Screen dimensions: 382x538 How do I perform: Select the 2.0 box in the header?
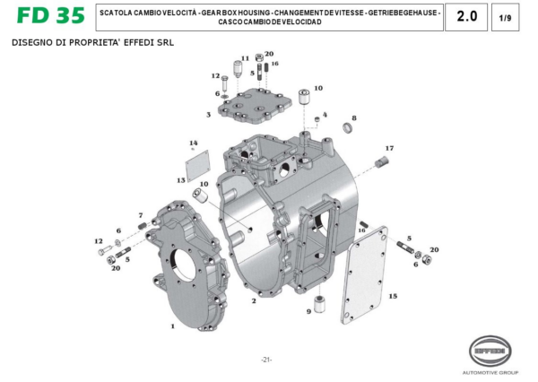click(x=466, y=17)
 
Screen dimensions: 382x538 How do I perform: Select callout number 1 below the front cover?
click(x=172, y=326)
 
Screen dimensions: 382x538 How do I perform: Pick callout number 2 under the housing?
click(x=254, y=302)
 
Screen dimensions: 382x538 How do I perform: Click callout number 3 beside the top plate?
click(x=208, y=115)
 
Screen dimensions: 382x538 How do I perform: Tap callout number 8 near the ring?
click(x=354, y=118)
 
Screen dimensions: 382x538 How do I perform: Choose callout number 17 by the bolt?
click(x=389, y=147)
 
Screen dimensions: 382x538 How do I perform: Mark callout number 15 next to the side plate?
click(x=393, y=295)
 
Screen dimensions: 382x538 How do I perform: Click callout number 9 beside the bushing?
click(x=308, y=312)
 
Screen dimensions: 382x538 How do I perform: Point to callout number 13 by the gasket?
click(x=180, y=180)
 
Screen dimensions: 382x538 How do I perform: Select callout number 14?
click(x=192, y=143)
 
